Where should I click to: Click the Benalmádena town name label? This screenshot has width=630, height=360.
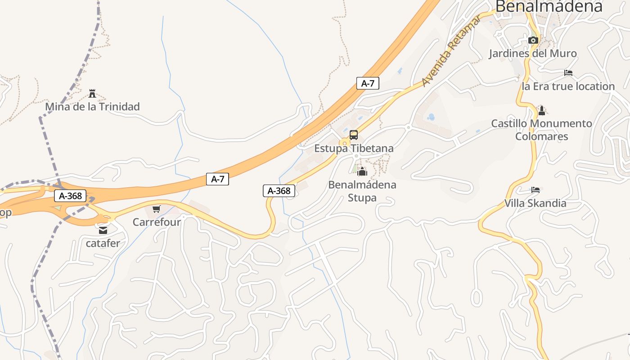[x=549, y=6]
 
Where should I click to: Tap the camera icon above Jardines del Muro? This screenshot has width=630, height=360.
[x=533, y=40]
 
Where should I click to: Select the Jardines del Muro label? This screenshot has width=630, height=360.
[x=533, y=54]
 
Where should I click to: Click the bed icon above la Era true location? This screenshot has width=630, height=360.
[x=568, y=73]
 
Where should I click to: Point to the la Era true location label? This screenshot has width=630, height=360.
[x=568, y=86]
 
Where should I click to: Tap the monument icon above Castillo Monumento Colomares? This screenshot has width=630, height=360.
[x=542, y=110]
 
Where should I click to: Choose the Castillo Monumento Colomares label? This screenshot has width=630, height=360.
[x=541, y=130]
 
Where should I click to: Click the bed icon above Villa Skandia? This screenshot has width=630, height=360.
[x=535, y=190]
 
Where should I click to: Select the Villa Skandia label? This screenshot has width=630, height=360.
[x=535, y=203]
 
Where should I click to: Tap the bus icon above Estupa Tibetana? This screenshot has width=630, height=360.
[x=354, y=135]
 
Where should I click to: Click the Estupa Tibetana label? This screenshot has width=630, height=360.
[x=354, y=148]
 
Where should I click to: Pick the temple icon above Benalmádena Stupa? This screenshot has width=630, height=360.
[x=362, y=171]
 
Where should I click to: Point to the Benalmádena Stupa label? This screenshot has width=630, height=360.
[x=362, y=191]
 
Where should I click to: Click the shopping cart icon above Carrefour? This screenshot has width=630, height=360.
[x=157, y=209]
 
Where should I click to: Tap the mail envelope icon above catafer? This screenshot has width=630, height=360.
[x=103, y=230]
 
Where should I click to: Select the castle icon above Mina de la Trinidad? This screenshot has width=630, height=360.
[x=93, y=94]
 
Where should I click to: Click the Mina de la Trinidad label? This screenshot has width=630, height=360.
[x=92, y=107]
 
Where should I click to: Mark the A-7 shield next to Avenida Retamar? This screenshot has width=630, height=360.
[x=368, y=83]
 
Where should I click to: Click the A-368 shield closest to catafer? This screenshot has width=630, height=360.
[x=70, y=196]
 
